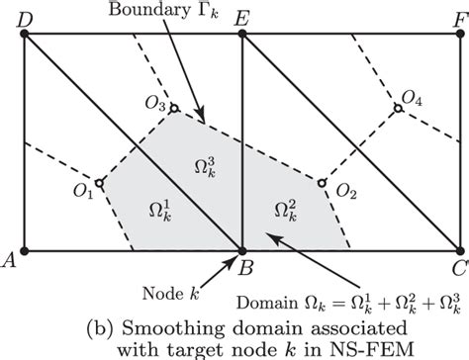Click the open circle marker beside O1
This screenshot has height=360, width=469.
tap(99, 179)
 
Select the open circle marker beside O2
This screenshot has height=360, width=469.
tap(321, 182)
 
